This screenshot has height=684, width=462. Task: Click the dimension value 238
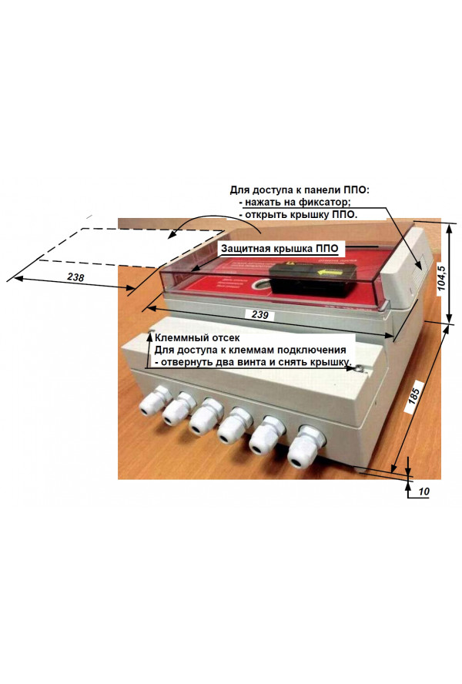click(x=75, y=277)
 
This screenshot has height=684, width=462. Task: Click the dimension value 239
click(x=260, y=314)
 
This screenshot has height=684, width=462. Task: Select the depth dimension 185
click(x=414, y=395)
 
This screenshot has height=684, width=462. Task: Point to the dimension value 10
click(x=423, y=491)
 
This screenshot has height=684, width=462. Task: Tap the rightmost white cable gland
click(x=303, y=447)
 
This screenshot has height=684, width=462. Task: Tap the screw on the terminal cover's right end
click(x=359, y=369)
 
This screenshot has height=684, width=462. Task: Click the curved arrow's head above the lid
click(x=172, y=236)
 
